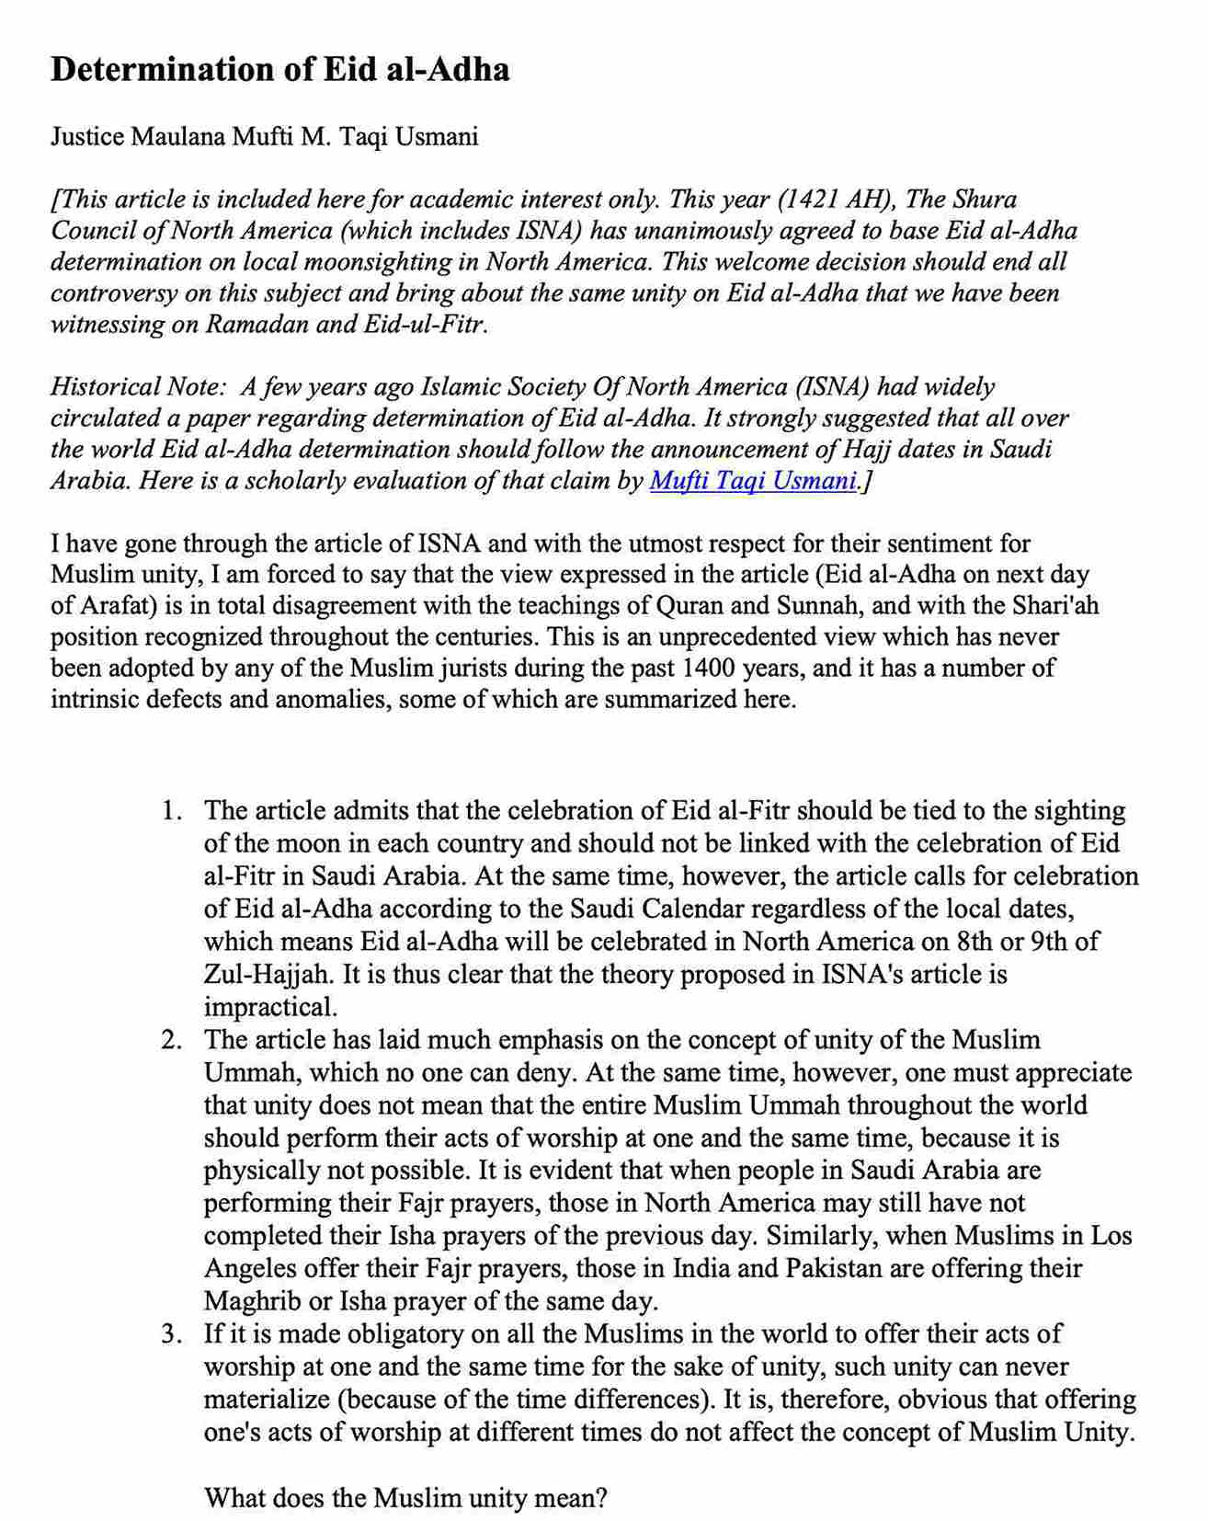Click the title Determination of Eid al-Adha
coord(279,70)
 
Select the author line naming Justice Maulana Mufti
coord(264,137)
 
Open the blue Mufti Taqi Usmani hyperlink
coord(753,481)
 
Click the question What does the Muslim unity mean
coord(405,1498)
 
